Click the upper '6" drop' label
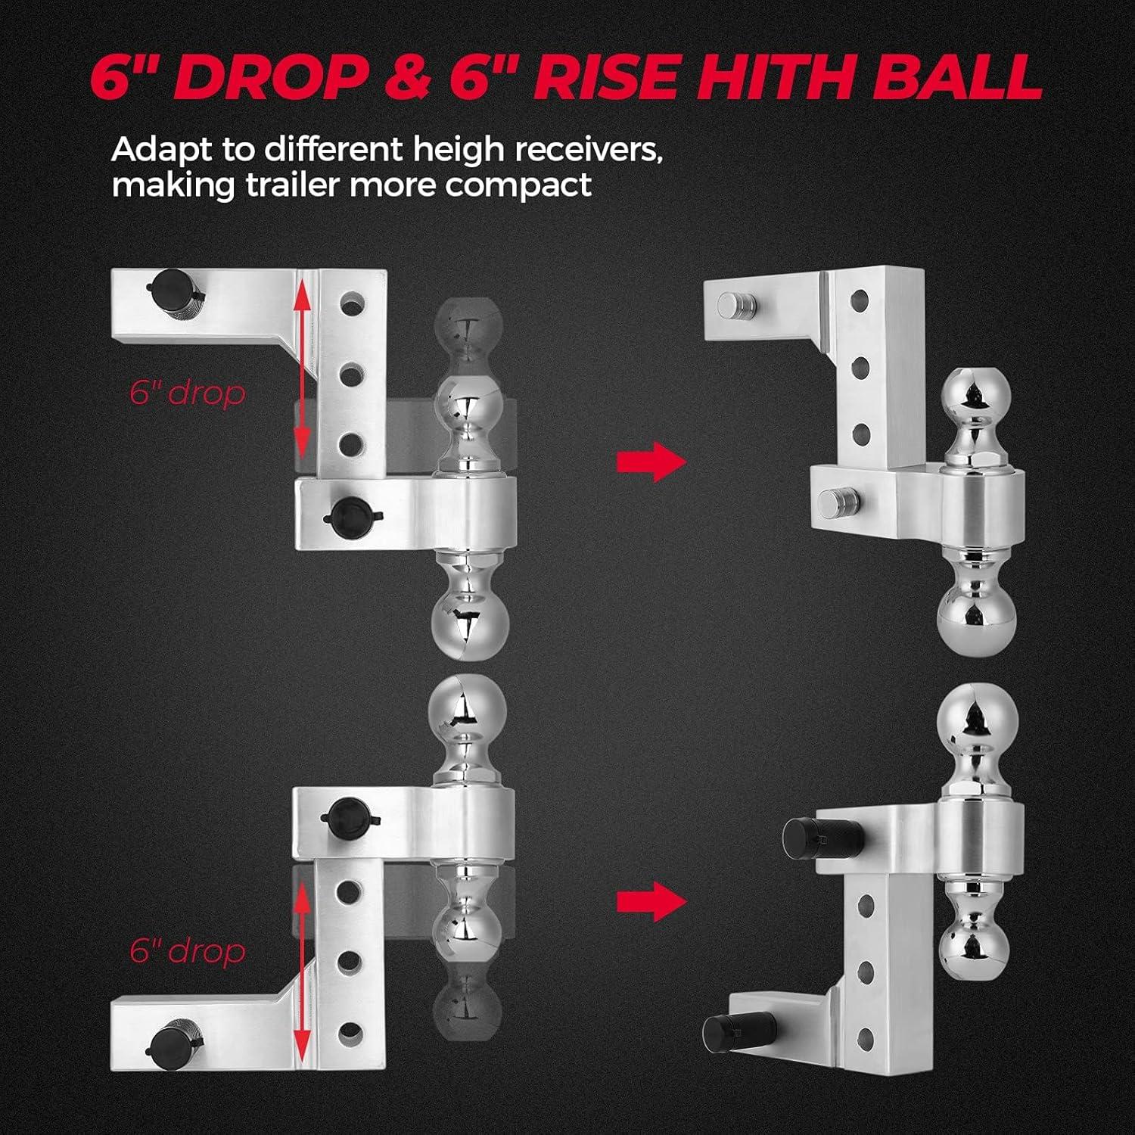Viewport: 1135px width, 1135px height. pos(188,394)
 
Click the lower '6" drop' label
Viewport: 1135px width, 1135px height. pos(188,951)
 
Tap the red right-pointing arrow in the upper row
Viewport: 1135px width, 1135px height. pos(651,461)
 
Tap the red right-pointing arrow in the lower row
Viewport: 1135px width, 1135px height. pos(651,901)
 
